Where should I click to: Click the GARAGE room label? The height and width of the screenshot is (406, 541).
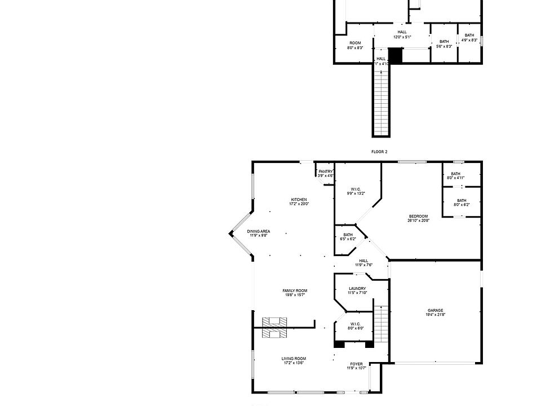point(435,310)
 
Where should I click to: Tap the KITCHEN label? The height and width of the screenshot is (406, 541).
point(299,200)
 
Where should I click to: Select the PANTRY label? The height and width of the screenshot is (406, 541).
point(326,171)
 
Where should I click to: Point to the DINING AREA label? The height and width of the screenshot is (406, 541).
point(259,231)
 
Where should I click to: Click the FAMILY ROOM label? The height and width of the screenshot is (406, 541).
point(295,291)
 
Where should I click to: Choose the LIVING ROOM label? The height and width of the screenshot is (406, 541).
point(294,359)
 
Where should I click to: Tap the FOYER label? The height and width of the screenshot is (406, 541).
point(356,364)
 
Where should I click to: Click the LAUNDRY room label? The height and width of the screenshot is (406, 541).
point(357,289)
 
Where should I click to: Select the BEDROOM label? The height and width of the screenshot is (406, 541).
point(418,216)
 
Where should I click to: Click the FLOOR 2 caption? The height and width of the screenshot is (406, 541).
point(379,152)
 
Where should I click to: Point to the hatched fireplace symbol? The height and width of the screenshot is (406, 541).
point(275,328)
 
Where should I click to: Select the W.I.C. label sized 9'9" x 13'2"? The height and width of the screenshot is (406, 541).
point(356,189)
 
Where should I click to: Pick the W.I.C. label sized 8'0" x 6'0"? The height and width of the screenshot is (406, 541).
point(356,324)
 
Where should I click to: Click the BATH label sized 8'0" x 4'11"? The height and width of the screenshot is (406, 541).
point(455,174)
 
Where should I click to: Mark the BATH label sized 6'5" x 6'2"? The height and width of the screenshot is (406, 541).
point(348,235)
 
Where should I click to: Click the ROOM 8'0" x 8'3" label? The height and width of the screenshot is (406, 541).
point(355,43)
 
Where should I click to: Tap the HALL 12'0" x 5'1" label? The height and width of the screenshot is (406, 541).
point(402,32)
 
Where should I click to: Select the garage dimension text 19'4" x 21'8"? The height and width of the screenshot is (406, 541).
point(435,315)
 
